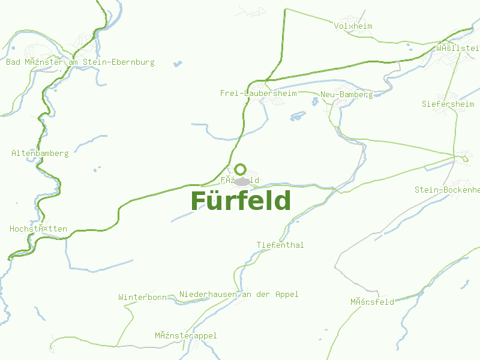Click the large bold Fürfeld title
pyautogui.click(x=241, y=200)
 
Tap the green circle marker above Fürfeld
pyautogui.click(x=240, y=169)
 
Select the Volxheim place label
pyautogui.click(x=353, y=26)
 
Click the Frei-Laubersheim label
pyautogui.click(x=259, y=93)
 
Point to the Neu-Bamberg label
pyautogui.click(x=346, y=94)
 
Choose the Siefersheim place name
pyautogui.click(x=448, y=104)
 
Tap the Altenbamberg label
pyautogui.click(x=40, y=153)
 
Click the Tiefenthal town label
pyautogui.click(x=280, y=245)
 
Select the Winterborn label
pyautogui.click(x=142, y=297)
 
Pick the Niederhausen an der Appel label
pyautogui.click(x=239, y=294)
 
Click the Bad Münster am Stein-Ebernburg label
pyautogui.click(x=80, y=62)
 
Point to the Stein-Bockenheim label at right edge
pyautogui.click(x=447, y=190)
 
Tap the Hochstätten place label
pyautogui.click(x=38, y=229)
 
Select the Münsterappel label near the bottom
pyautogui.click(x=185, y=335)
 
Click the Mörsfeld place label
pyautogui.click(x=372, y=302)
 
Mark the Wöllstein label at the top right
pyautogui.click(x=458, y=47)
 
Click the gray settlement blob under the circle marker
pyautogui.click(x=242, y=181)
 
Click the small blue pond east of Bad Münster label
pyautogui.click(x=178, y=63)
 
